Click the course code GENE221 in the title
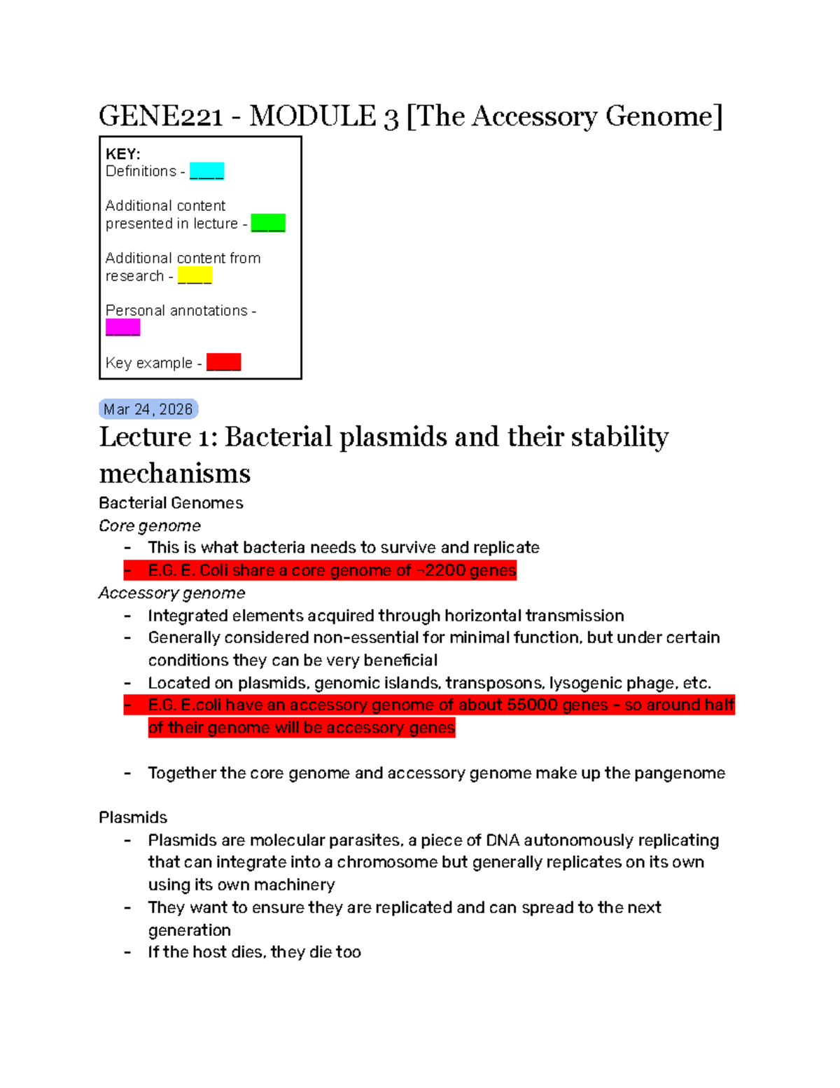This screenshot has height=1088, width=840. click(161, 116)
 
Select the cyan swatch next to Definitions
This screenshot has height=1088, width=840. click(206, 171)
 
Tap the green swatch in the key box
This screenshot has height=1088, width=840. click(268, 223)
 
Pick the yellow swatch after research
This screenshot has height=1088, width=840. click(195, 275)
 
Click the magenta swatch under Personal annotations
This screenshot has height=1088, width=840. click(123, 327)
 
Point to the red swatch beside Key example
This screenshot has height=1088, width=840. click(224, 362)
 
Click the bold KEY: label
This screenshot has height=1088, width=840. click(122, 154)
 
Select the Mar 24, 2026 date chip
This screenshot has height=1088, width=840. click(148, 409)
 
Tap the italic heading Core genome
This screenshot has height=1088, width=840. click(150, 525)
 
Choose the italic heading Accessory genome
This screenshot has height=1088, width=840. click(172, 593)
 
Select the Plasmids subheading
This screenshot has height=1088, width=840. click(133, 818)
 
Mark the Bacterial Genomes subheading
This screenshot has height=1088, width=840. click(171, 503)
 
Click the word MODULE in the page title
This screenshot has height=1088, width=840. click(312, 116)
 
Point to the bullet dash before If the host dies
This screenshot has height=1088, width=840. click(127, 952)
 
